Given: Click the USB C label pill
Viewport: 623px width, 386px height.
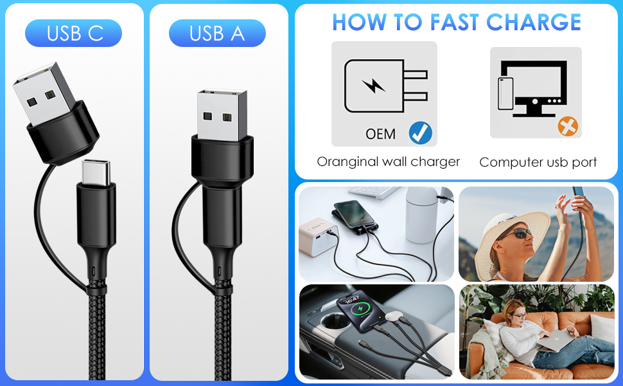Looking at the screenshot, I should point(73,33).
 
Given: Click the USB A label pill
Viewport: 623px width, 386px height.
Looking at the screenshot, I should point(217,33).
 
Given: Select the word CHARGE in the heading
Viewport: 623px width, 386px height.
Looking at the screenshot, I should point(534,23).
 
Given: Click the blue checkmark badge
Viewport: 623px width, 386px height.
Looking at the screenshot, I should point(421,133).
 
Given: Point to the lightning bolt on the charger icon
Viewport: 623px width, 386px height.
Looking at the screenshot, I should point(373,86).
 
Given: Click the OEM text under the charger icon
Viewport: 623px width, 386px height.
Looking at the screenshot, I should point(380,134).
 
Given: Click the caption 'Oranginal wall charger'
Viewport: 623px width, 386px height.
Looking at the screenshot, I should point(388,161).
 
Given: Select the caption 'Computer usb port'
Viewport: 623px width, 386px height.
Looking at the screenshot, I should point(538,162).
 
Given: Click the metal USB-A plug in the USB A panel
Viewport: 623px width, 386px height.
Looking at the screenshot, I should point(222,116).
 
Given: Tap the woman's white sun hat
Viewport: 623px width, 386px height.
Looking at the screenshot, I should point(507,225).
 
